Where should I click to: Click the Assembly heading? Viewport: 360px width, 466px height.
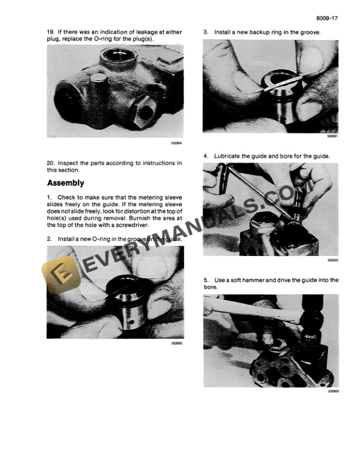click(x=66, y=183)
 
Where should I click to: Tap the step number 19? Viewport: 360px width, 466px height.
click(x=51, y=31)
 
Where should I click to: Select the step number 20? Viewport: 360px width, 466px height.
click(x=51, y=162)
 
